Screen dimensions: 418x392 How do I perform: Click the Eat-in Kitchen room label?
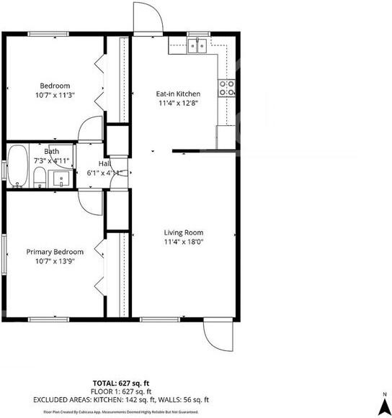pos(178,94)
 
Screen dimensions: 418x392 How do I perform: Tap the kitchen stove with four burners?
pos(228,88)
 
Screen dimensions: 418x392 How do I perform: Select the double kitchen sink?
pos(198,47)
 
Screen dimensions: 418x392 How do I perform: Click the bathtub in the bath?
pos(17,166)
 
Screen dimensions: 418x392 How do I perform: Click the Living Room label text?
pos(183,232)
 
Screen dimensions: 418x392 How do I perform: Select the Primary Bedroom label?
pos(55,252)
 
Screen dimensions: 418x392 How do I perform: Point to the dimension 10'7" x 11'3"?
pos(55,94)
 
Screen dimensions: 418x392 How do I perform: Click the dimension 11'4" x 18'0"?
pos(183,242)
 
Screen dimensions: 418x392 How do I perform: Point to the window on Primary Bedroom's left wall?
pos(4,253)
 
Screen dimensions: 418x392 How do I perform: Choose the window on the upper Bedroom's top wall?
pos(48,34)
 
